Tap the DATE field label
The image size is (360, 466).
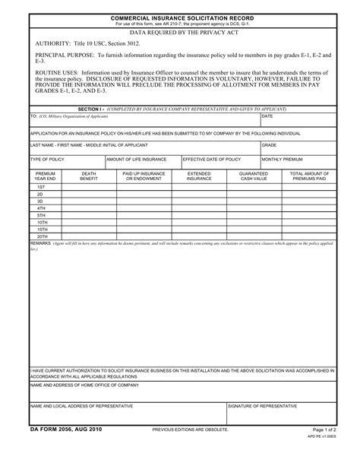coord(267,116)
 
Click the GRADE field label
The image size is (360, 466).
coord(270,144)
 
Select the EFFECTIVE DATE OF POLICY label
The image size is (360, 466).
coord(212,160)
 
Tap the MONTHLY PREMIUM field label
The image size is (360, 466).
coord(283,160)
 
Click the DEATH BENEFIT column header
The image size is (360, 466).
coord(89,176)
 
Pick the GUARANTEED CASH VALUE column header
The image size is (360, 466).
coord(254,176)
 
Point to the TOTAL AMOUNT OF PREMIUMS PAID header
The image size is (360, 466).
coord(307,176)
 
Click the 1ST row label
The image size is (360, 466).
coord(41,186)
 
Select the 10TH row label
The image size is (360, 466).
coord(41,221)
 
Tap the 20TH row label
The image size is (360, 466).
coord(41,236)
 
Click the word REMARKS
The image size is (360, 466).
coord(41,243)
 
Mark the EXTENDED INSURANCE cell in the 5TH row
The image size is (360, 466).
coord(199,214)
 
